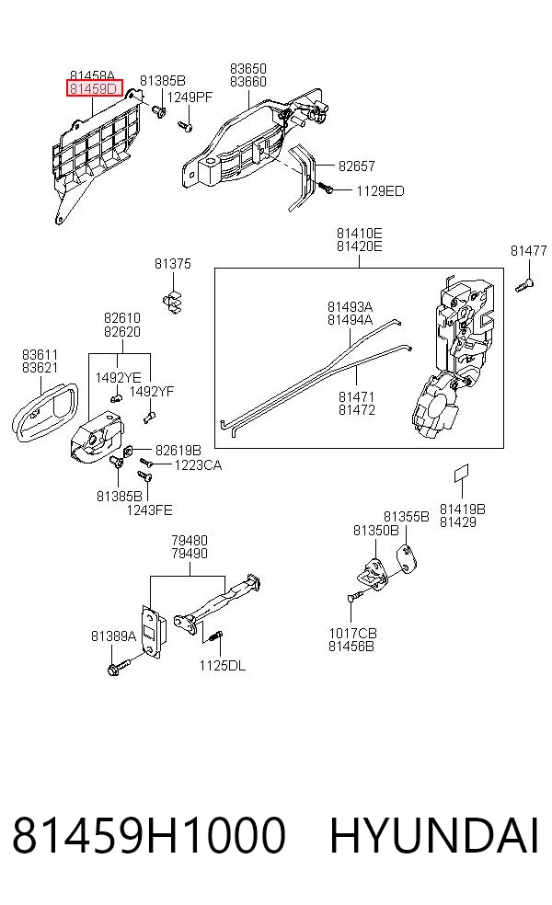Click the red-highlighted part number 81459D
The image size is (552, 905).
(x=94, y=89)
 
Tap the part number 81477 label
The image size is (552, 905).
(x=528, y=250)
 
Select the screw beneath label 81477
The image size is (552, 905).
(x=525, y=283)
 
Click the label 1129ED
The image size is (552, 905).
(x=380, y=191)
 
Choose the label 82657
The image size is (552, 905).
(x=357, y=166)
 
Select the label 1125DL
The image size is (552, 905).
(x=223, y=666)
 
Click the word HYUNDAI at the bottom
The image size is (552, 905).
(x=434, y=834)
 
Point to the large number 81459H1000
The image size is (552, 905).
(x=149, y=834)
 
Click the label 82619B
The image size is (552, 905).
(x=178, y=450)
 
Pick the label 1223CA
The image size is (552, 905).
(x=198, y=465)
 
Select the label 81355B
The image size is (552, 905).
(x=407, y=517)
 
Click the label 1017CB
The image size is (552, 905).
(x=352, y=633)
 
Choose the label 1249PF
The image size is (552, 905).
(x=190, y=97)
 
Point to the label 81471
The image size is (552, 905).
(x=357, y=396)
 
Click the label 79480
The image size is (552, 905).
(x=190, y=541)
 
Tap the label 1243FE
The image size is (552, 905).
(x=150, y=510)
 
